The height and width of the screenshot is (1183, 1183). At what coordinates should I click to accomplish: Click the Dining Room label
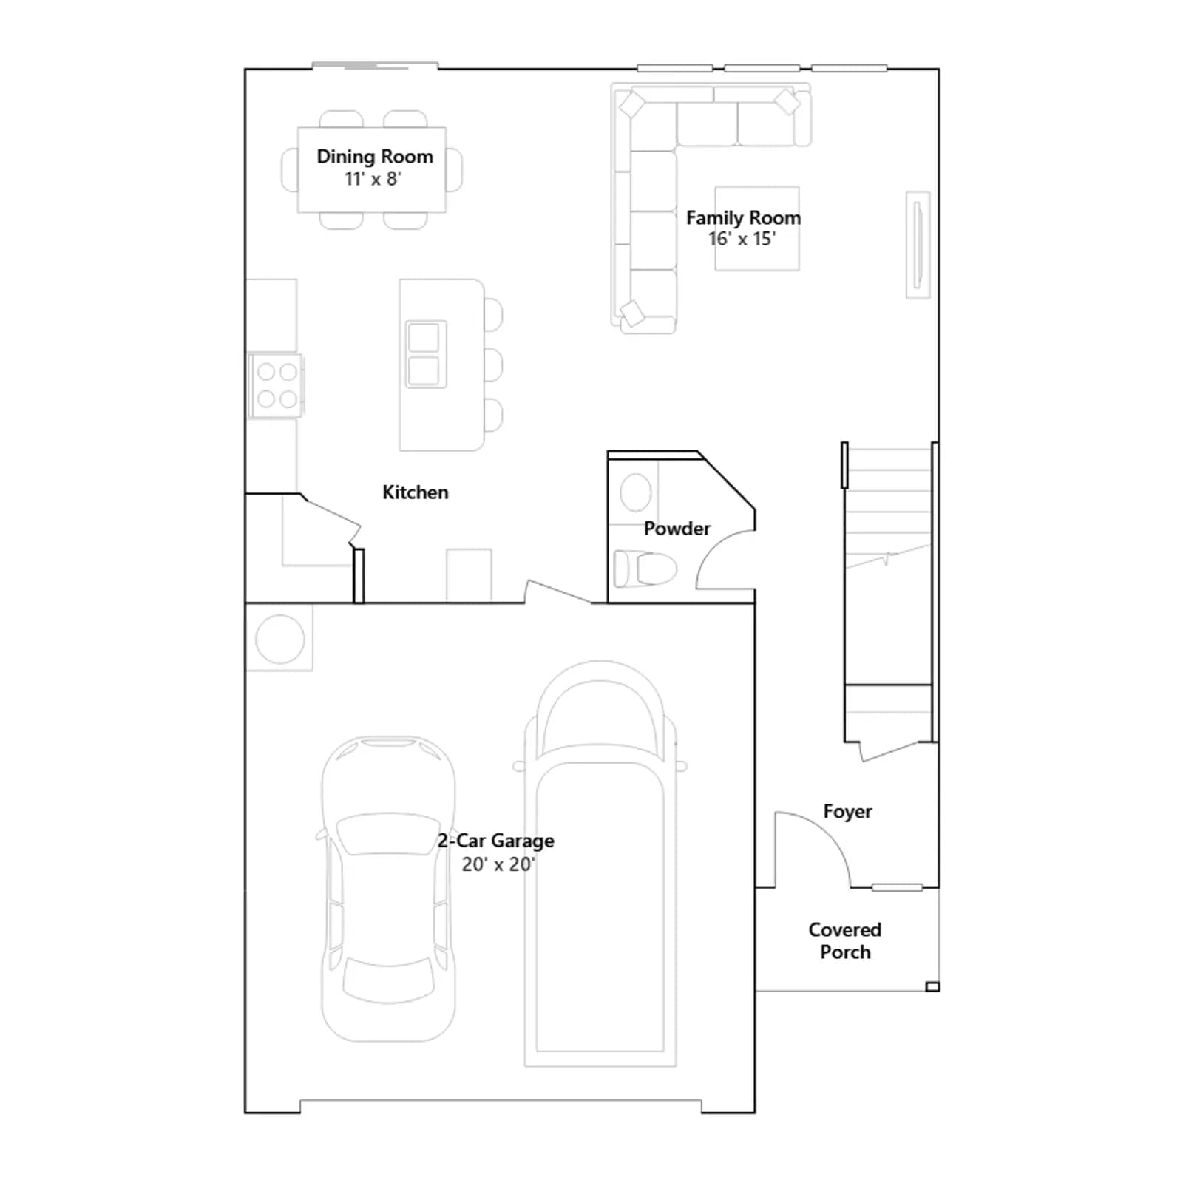click(375, 157)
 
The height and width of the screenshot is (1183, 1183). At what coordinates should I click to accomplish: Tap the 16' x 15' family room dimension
click(742, 239)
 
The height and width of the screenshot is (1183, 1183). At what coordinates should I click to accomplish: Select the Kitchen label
click(415, 492)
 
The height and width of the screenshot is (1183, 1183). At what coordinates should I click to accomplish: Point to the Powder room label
click(677, 529)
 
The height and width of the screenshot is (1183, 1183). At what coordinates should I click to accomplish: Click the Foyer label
click(847, 812)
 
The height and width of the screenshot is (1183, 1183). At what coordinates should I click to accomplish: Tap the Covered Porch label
click(844, 940)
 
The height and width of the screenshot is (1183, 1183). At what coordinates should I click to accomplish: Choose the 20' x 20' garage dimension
click(498, 864)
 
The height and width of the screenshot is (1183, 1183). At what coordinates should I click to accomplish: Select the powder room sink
click(635, 492)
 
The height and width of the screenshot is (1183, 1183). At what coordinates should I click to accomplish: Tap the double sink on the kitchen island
click(426, 354)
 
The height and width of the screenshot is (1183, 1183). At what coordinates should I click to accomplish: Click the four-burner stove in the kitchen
click(276, 385)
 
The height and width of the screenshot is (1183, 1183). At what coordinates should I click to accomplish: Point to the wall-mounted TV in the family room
click(918, 245)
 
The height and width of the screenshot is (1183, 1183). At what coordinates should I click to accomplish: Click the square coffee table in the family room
click(756, 228)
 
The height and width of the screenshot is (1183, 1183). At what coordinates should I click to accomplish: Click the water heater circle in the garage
click(279, 639)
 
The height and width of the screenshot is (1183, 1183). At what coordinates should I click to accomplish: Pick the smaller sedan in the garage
click(388, 889)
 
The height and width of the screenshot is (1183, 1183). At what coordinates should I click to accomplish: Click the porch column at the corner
click(932, 986)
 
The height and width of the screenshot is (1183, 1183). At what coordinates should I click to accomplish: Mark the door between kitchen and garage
click(557, 592)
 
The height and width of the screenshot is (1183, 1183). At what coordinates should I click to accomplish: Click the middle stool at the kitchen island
click(493, 365)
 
